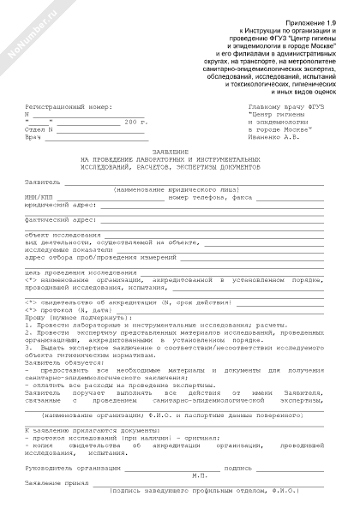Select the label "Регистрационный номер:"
tap(69, 108)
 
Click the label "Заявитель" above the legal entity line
tap(43, 182)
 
